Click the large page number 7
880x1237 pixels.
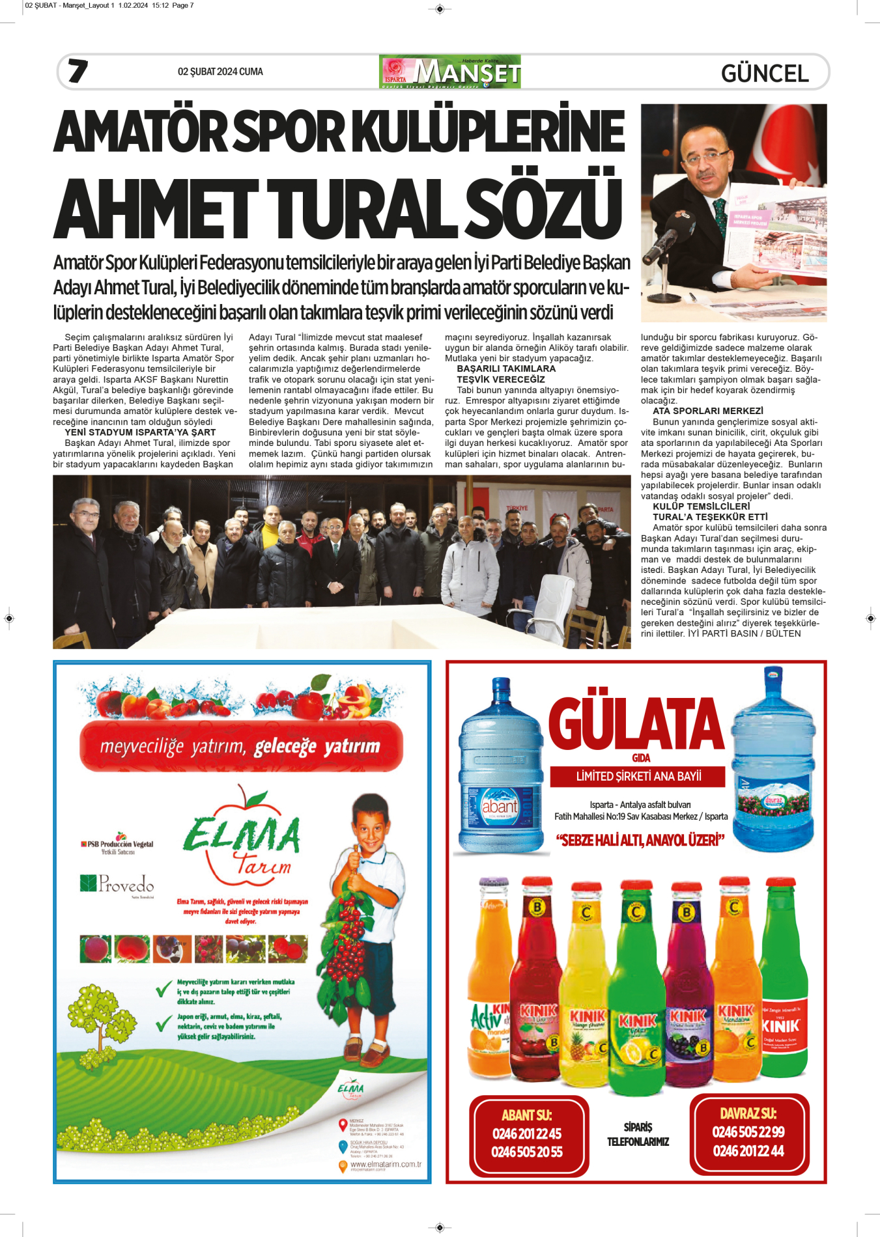click(78, 71)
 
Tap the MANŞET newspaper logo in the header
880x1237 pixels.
click(450, 72)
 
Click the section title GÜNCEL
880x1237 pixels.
click(765, 73)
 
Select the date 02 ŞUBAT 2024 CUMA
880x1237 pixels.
click(220, 72)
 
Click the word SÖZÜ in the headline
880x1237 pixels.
click(544, 208)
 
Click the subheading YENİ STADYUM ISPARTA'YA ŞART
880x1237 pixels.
click(140, 432)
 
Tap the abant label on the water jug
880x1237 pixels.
click(500, 806)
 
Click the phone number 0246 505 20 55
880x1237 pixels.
click(527, 1152)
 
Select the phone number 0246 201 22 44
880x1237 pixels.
click(748, 1150)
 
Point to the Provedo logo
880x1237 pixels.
click(118, 883)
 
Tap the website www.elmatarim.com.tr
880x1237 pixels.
click(386, 1164)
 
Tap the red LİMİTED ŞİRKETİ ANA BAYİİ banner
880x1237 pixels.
click(638, 776)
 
